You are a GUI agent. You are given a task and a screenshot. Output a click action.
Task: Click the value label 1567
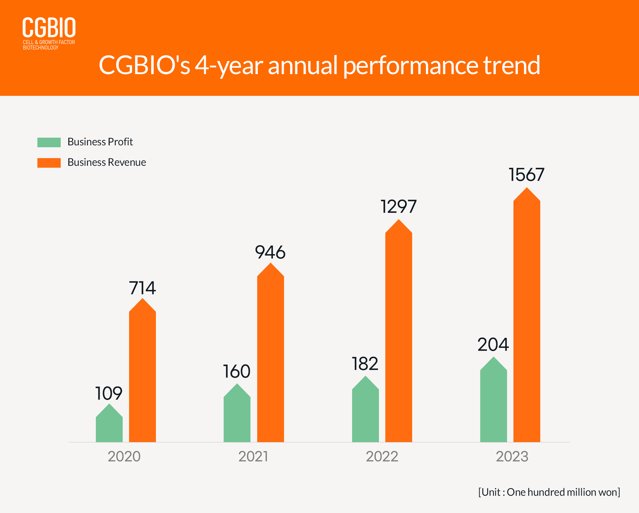(527, 175)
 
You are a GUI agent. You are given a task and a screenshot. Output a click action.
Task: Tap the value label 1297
(399, 207)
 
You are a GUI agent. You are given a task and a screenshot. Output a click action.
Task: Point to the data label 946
(270, 252)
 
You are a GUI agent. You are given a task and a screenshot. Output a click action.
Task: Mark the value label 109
(109, 393)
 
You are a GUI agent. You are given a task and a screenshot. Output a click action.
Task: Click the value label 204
(493, 345)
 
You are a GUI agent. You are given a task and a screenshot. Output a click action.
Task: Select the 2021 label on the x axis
(253, 456)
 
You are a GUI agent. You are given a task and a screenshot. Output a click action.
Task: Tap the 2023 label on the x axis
(512, 456)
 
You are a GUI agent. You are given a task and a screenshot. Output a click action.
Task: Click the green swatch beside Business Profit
(49, 142)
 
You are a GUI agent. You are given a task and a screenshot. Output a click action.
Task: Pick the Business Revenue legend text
(107, 162)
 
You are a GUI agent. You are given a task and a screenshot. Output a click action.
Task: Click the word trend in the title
(512, 65)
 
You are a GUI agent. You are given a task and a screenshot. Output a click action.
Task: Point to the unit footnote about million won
(549, 492)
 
